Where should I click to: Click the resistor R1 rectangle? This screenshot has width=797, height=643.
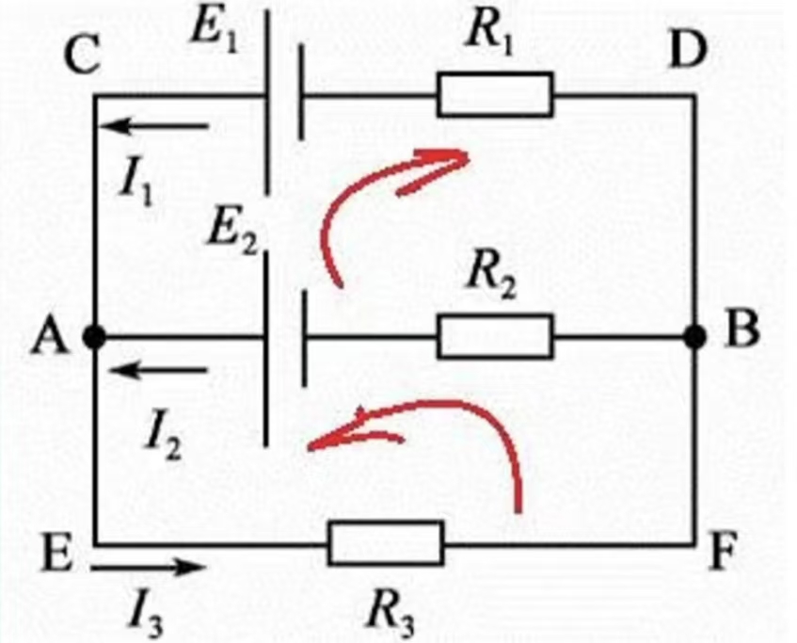click(x=495, y=96)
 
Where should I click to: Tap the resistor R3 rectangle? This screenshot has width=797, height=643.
click(x=386, y=544)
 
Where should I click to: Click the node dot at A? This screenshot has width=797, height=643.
click(x=93, y=336)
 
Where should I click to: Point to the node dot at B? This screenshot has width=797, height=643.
click(x=695, y=336)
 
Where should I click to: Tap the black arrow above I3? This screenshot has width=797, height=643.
click(x=149, y=568)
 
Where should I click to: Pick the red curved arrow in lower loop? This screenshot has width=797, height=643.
click(x=442, y=424)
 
